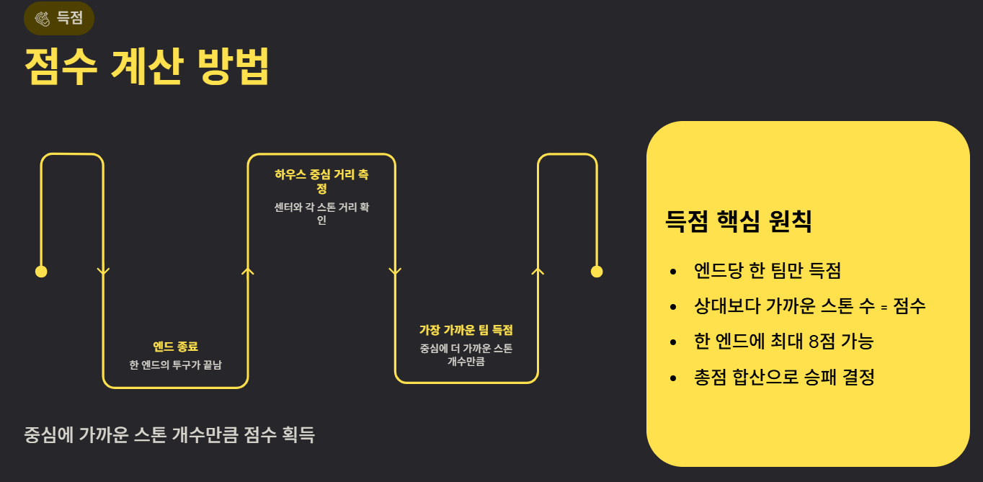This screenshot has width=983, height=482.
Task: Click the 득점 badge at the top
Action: point(59,19)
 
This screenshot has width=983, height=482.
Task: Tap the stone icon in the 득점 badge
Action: point(43,19)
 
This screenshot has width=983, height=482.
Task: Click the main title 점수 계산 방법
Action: point(147,68)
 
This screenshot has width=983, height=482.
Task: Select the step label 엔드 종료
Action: point(175,347)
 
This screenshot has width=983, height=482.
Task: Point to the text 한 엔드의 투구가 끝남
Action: point(175,365)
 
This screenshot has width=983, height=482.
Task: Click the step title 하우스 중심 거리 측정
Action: point(321,181)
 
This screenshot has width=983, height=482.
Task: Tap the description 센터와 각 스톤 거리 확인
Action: point(321,213)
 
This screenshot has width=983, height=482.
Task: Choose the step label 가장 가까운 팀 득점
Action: point(466,330)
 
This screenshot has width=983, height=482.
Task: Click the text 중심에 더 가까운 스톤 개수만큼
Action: point(466,354)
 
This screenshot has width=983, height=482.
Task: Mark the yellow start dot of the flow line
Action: point(41,272)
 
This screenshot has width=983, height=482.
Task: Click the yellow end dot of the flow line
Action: point(597,272)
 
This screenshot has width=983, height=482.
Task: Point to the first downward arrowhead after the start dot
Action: point(103,272)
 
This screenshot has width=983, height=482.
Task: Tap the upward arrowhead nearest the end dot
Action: point(538,271)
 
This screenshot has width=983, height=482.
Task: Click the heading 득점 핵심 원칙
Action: point(739,221)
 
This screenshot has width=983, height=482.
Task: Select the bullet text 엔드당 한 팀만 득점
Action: point(768,271)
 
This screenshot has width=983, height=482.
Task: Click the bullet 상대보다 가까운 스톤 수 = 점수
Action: point(809,306)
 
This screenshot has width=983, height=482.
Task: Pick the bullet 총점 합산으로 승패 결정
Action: point(784,377)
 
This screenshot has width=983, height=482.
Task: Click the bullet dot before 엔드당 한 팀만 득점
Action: point(673,272)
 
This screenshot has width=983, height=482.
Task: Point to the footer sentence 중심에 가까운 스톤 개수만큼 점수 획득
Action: point(169,435)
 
